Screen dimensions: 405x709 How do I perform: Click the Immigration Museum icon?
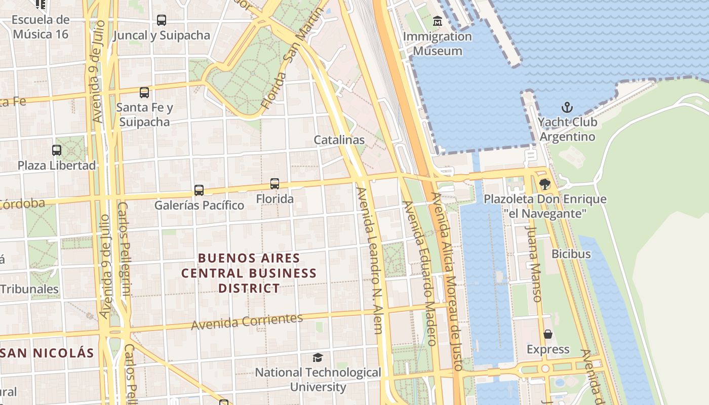click(438, 21)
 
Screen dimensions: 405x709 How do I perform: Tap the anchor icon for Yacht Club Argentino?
click(567, 107)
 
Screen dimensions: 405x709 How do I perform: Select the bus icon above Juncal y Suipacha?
click(161, 20)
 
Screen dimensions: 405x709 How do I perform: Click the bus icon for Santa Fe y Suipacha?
click(144, 93)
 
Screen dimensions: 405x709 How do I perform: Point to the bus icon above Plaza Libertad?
click(57, 150)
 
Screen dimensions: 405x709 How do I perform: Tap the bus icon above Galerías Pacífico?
click(199, 190)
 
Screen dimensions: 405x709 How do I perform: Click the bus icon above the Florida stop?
click(274, 184)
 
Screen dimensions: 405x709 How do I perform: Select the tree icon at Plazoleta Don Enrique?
click(545, 184)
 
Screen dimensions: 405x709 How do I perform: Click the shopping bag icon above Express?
click(548, 334)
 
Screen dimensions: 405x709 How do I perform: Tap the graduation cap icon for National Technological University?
click(318, 358)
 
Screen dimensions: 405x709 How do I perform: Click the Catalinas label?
click(339, 140)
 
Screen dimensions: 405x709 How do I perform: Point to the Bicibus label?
click(571, 254)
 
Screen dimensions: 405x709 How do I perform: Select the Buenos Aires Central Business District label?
click(249, 273)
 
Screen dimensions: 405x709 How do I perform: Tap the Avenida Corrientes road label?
click(247, 321)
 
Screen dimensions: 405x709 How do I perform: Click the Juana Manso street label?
click(533, 263)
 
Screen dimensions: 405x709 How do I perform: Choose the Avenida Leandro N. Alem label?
click(369, 261)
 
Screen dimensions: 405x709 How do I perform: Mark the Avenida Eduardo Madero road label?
click(420, 273)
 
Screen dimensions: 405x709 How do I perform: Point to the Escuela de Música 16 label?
click(41, 27)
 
